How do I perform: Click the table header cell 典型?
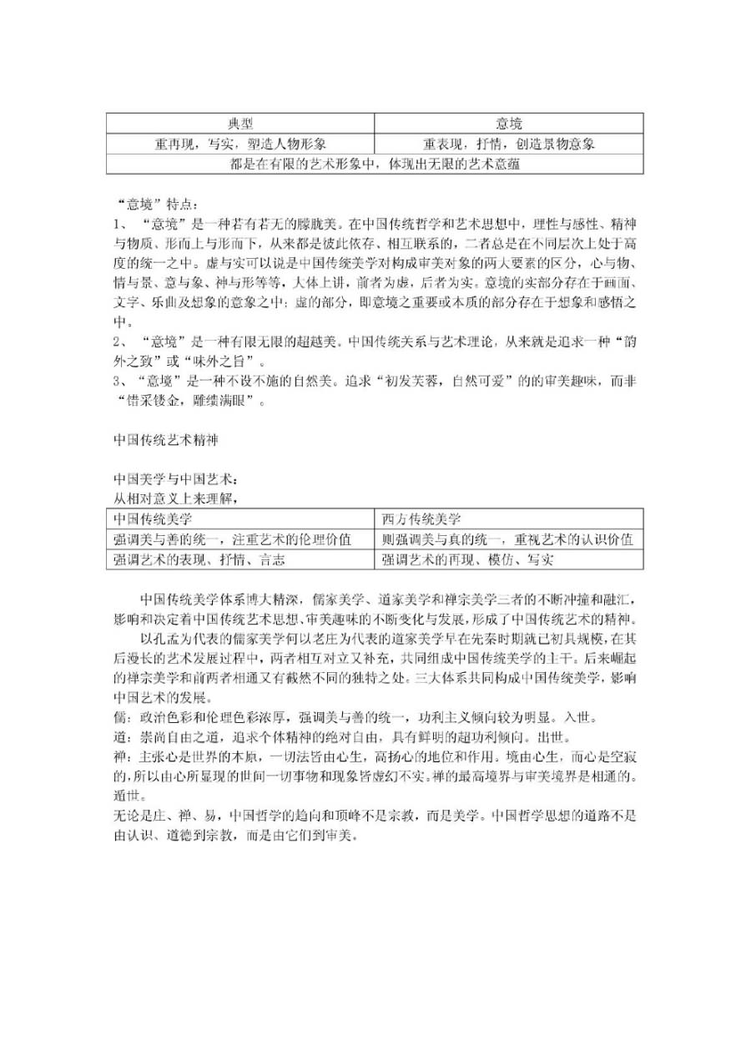tap(240, 124)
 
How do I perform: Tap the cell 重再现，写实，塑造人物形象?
tap(240, 144)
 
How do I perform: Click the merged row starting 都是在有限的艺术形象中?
tap(375, 164)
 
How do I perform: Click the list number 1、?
tap(121, 225)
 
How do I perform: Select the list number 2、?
tap(121, 342)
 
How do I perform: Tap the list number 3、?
tap(121, 382)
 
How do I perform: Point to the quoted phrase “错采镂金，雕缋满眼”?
tap(190, 402)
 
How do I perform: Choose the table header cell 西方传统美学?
tap(421, 518)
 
